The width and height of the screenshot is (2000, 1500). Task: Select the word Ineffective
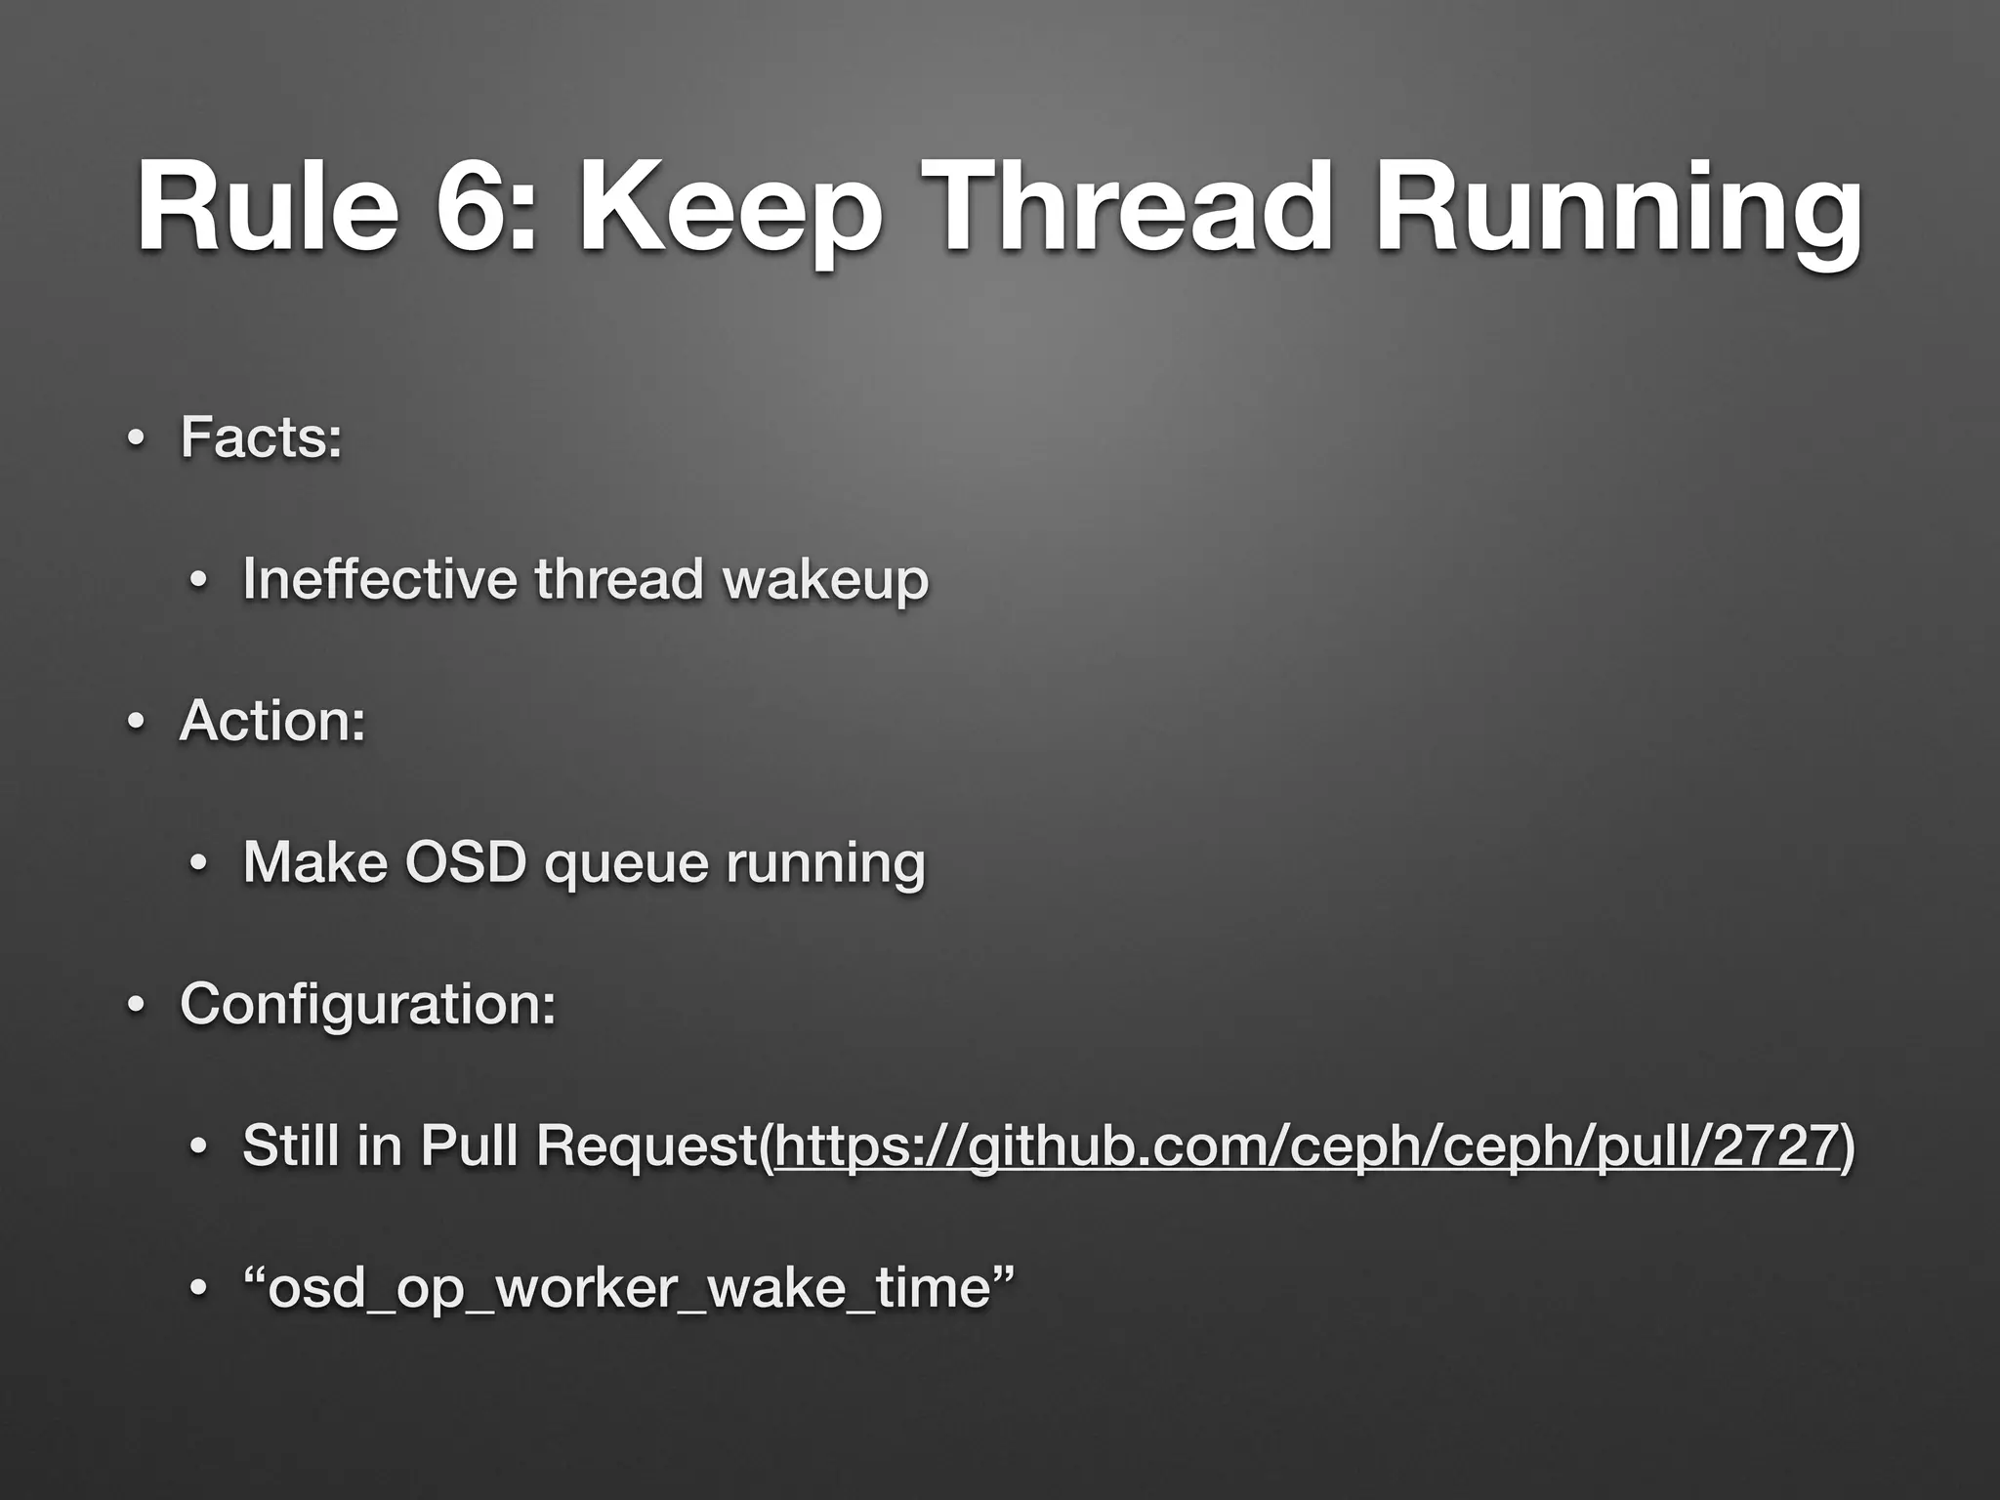click(379, 578)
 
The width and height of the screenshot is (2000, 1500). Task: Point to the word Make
click(314, 862)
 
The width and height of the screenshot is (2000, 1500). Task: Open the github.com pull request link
click(1306, 1146)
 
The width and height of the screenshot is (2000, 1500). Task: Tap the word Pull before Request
click(471, 1146)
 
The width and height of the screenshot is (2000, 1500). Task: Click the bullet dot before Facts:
click(136, 438)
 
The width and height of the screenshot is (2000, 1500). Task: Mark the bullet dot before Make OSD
click(198, 864)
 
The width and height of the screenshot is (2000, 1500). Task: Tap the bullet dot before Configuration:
click(136, 1006)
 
